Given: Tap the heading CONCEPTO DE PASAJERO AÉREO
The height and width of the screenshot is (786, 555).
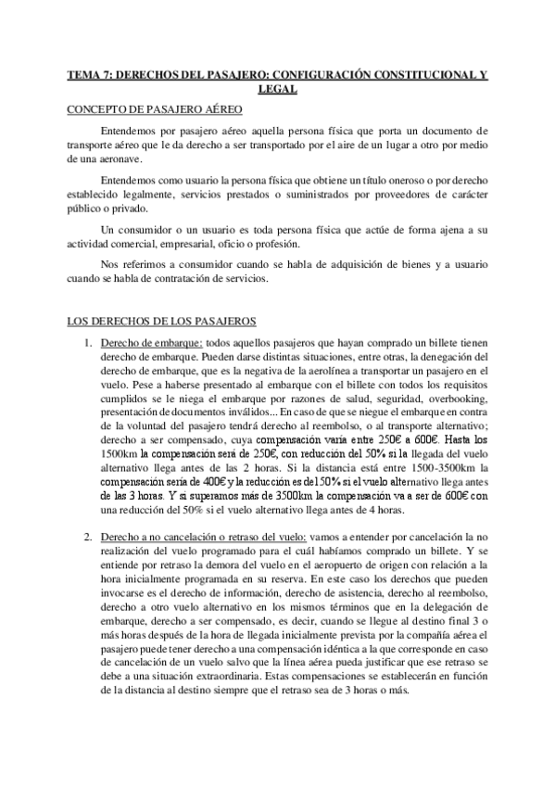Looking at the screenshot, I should [155, 110].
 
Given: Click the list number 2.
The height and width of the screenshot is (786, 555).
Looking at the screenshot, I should [87, 538].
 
